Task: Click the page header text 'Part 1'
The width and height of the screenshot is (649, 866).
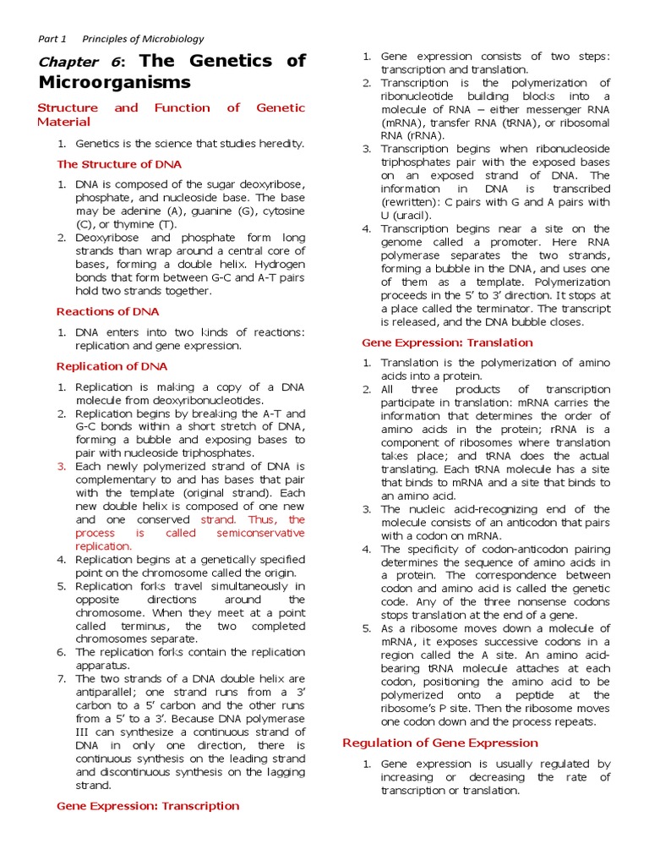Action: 52,39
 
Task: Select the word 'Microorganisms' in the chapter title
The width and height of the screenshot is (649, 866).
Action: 114,83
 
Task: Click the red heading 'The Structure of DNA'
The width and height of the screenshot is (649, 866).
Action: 118,164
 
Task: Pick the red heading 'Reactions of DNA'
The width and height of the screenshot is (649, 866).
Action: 107,312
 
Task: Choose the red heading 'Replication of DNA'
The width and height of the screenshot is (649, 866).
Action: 112,366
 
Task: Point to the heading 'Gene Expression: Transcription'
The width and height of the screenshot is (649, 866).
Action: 147,806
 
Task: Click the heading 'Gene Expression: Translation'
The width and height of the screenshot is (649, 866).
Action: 447,343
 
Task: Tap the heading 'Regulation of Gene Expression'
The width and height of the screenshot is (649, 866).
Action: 439,743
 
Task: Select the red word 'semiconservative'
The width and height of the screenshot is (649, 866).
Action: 260,534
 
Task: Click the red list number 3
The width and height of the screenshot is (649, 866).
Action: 61,467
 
